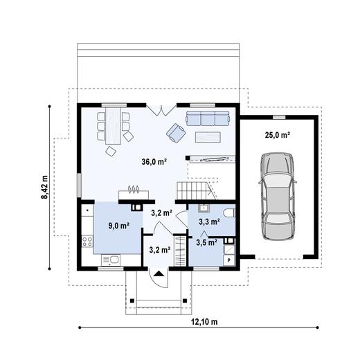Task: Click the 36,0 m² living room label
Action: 154,162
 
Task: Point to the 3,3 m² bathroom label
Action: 209,222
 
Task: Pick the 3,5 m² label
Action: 207,242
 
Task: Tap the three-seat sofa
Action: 207,118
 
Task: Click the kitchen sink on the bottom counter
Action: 111,259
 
